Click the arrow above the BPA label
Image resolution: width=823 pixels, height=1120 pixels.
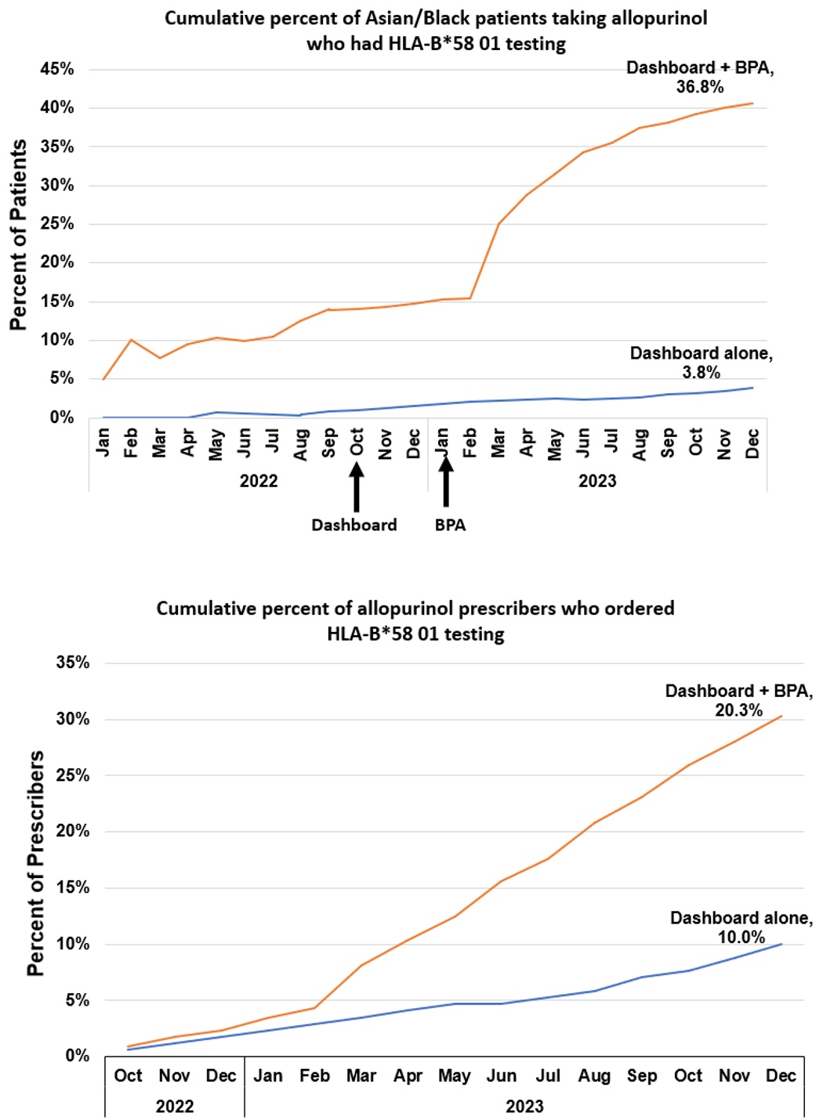(446, 482)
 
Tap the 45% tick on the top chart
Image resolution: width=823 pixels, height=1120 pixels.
(57, 69)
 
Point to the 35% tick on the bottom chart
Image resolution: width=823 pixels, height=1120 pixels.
(73, 663)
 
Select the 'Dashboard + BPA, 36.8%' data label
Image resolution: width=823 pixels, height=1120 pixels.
(700, 77)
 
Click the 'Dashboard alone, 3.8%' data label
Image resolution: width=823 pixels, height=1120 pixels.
(701, 363)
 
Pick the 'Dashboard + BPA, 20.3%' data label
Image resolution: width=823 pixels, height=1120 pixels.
(738, 700)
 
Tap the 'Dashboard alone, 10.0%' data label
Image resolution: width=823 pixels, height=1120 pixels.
(741, 927)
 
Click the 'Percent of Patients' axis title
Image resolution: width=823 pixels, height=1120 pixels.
(19, 235)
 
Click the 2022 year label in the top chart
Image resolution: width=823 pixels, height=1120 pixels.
(259, 481)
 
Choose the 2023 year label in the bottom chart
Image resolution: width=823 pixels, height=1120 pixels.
(524, 1106)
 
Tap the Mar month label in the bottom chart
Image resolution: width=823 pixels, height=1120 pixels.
(361, 1076)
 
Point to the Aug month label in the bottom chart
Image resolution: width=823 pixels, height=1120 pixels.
(594, 1076)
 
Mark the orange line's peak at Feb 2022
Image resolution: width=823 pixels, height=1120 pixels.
(131, 340)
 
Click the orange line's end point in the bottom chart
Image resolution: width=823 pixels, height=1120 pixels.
(781, 716)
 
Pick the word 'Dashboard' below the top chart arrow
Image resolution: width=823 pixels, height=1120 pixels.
(354, 525)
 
